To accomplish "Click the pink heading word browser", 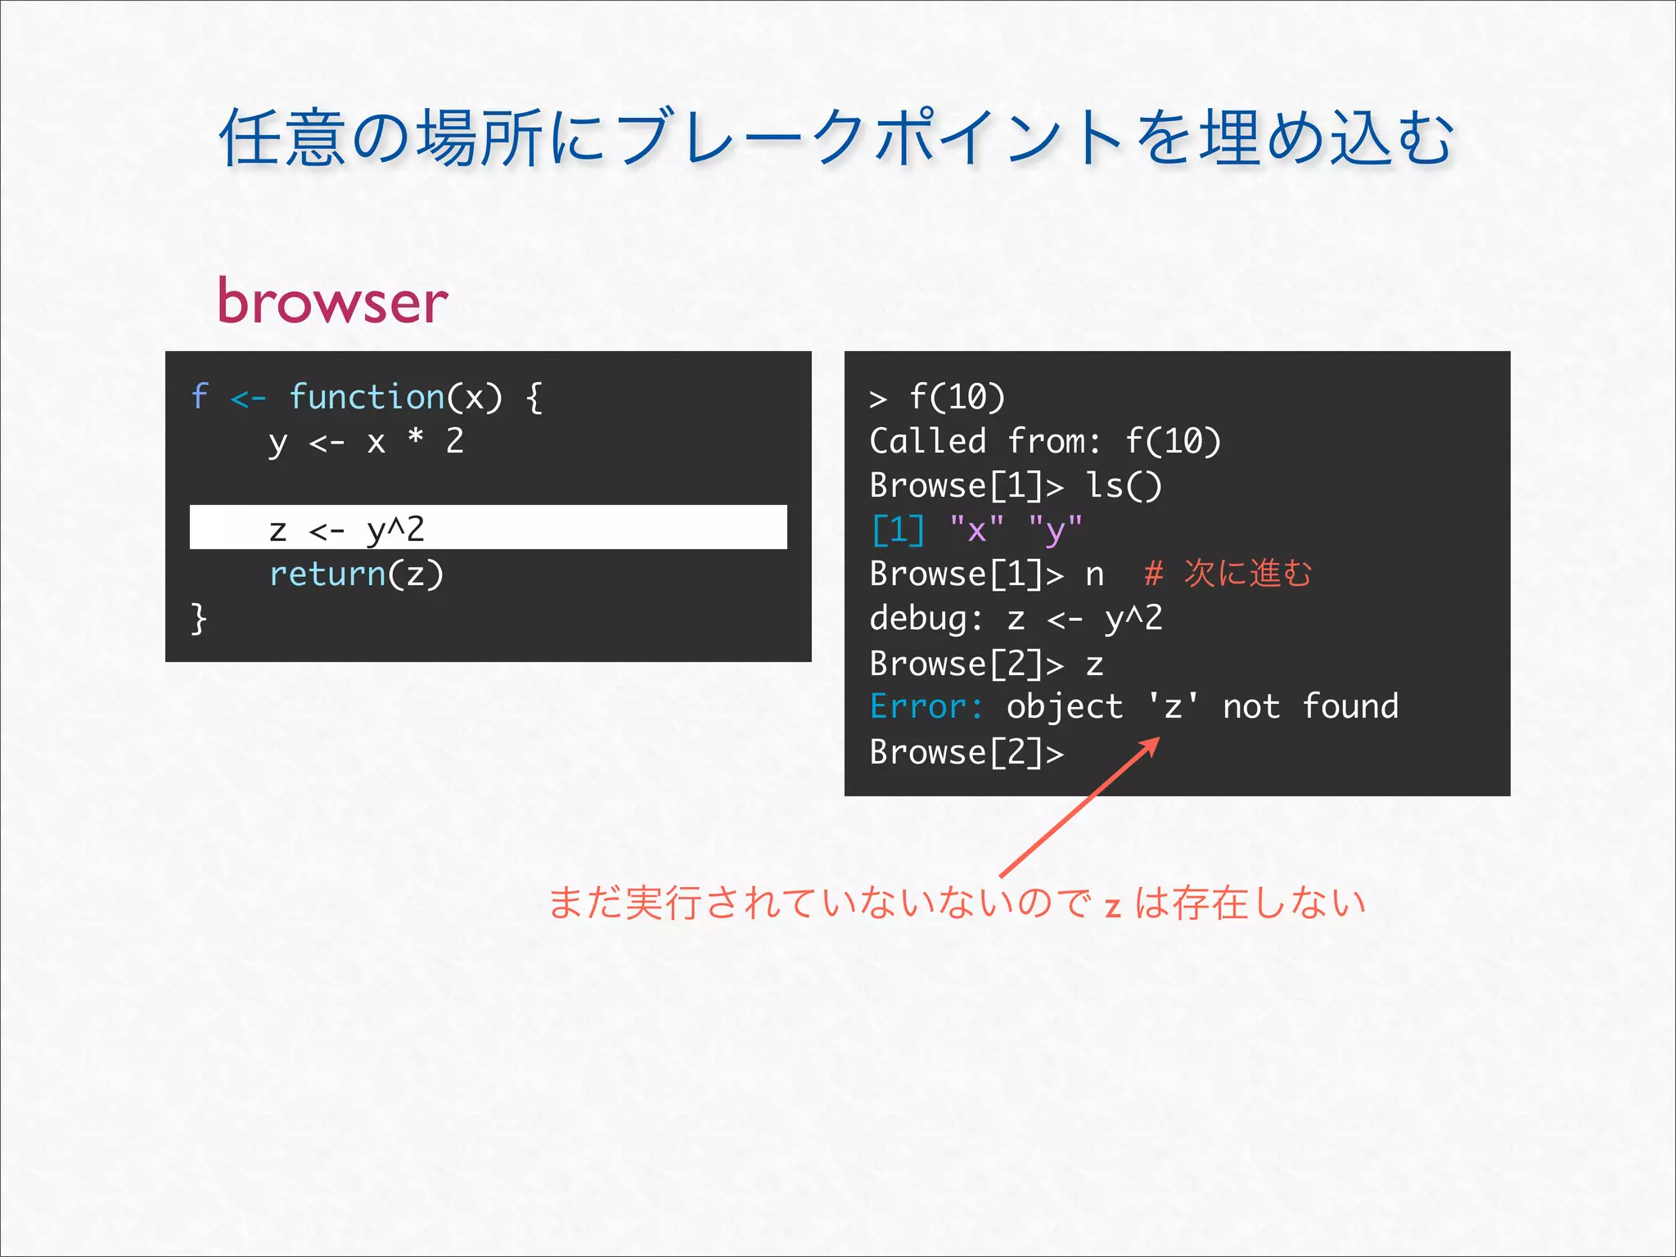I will point(332,301).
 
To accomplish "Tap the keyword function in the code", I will point(367,397).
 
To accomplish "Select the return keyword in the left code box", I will point(327,574).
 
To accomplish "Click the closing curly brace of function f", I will point(199,618).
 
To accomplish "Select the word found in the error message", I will point(1350,706).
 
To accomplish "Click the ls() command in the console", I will point(1123,486).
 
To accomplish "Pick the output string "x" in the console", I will point(976,530).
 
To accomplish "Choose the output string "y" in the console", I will point(1056,530).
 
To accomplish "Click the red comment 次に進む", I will point(1247,574).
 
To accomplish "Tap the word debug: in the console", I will point(926,619).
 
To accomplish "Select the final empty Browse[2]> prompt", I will point(966,752).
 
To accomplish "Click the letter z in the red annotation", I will point(1112,907).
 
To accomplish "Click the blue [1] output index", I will point(898,530).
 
